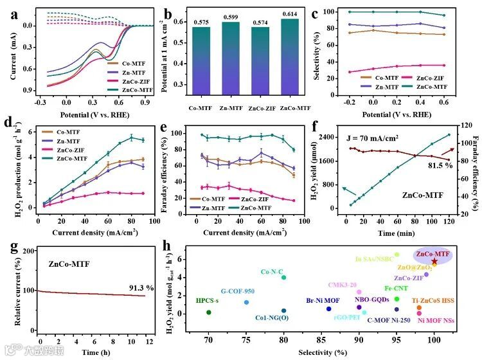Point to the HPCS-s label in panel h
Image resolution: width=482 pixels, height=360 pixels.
(208, 301)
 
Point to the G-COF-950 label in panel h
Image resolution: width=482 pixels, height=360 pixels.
(238, 291)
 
